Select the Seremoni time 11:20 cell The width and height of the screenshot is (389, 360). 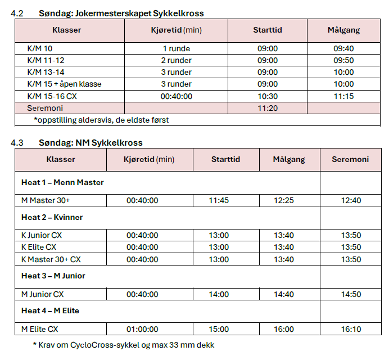(268, 108)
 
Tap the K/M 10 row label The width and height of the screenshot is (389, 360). (40, 48)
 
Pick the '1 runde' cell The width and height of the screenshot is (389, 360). (176, 48)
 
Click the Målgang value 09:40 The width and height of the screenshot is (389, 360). (343, 48)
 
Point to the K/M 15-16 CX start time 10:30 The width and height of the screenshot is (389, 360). (268, 96)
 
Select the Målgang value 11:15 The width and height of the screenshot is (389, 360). (343, 96)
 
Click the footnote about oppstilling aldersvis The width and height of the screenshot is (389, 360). (101, 120)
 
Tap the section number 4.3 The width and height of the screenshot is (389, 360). (17, 143)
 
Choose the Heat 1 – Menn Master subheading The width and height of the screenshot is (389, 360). (62, 183)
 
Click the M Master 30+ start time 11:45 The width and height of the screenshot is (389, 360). (219, 200)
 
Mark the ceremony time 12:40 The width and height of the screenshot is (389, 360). (351, 200)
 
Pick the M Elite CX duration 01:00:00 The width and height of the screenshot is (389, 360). (142, 329)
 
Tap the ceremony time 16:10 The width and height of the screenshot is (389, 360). (351, 329)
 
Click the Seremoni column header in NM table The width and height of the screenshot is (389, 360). (350, 160)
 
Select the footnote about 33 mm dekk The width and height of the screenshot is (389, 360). (124, 345)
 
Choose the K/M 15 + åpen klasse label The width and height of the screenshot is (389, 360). (64, 84)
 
